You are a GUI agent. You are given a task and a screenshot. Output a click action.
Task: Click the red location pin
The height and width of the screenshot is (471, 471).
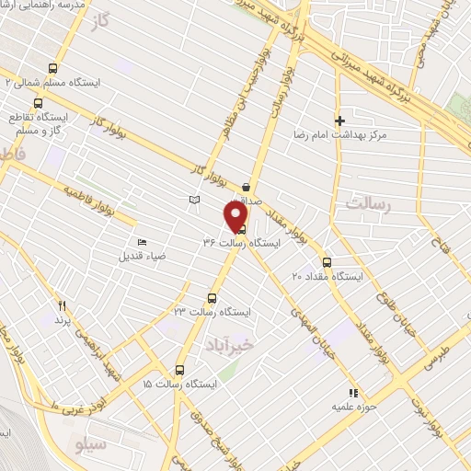coord(235,215)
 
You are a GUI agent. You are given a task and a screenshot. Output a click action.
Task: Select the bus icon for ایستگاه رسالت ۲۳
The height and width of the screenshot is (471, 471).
coord(213,298)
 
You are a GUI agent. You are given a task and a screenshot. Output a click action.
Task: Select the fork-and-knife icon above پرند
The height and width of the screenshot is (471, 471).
coord(63,305)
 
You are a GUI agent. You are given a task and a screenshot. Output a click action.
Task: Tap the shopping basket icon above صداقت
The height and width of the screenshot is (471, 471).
coord(247,186)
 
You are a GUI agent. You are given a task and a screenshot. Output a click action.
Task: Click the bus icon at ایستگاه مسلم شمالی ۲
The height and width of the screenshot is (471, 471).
coord(52,68)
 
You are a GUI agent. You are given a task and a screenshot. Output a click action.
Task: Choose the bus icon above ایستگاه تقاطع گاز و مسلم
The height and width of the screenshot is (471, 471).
coord(38,103)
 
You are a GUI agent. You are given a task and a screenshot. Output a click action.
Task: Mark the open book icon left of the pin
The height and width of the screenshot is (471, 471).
coord(192,199)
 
